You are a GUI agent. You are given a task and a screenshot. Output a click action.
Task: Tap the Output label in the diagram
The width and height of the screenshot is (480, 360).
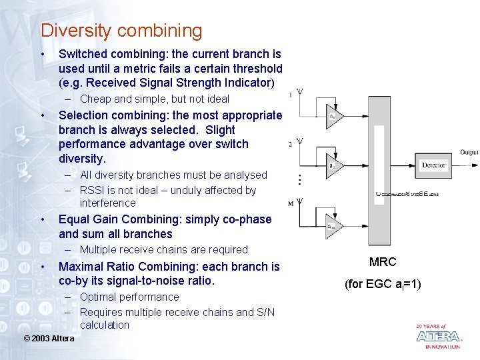[x=469, y=153]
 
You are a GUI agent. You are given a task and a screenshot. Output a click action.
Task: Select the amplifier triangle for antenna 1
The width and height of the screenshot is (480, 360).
[x=332, y=115]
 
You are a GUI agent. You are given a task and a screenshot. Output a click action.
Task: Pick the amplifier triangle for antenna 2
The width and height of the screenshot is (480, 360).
[x=332, y=164]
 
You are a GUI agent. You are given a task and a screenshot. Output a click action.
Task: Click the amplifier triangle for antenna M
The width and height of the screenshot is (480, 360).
[x=332, y=225]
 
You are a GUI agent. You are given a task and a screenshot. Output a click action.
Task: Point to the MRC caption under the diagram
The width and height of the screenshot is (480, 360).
[x=383, y=262]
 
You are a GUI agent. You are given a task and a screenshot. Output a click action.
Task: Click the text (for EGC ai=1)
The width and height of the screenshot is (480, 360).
[x=383, y=284]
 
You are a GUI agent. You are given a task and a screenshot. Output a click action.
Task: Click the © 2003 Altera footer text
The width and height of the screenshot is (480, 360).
[x=49, y=339]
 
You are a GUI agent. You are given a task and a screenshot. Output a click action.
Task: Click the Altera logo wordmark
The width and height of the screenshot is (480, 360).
[x=438, y=337]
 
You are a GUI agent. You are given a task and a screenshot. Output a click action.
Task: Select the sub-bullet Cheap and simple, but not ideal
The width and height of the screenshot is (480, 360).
[x=154, y=99]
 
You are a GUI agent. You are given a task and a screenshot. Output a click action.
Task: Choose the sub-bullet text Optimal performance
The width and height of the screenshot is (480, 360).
[x=129, y=297]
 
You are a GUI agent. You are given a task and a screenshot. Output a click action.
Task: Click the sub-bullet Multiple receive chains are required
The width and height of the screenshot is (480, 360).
[x=163, y=249]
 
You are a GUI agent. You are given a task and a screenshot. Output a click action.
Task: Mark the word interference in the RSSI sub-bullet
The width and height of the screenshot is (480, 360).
[x=107, y=203]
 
